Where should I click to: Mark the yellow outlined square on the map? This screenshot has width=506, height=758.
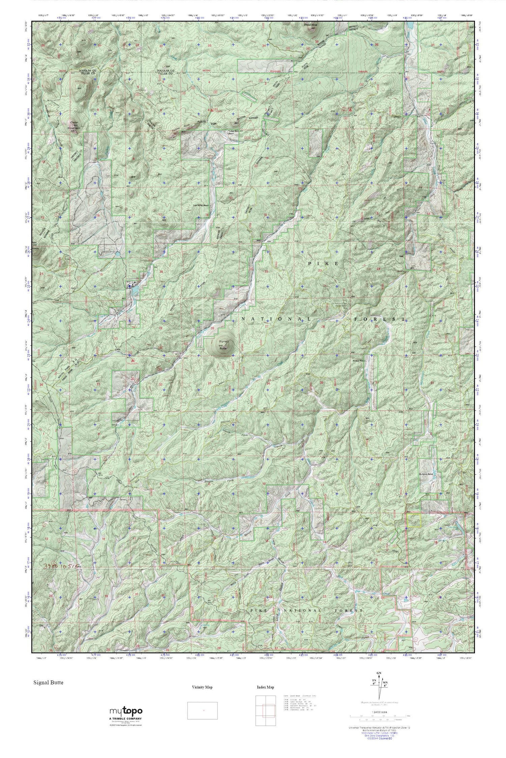pyautogui.click(x=414, y=520)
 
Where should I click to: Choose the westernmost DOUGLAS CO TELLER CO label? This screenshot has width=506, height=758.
pyautogui.click(x=87, y=72)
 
